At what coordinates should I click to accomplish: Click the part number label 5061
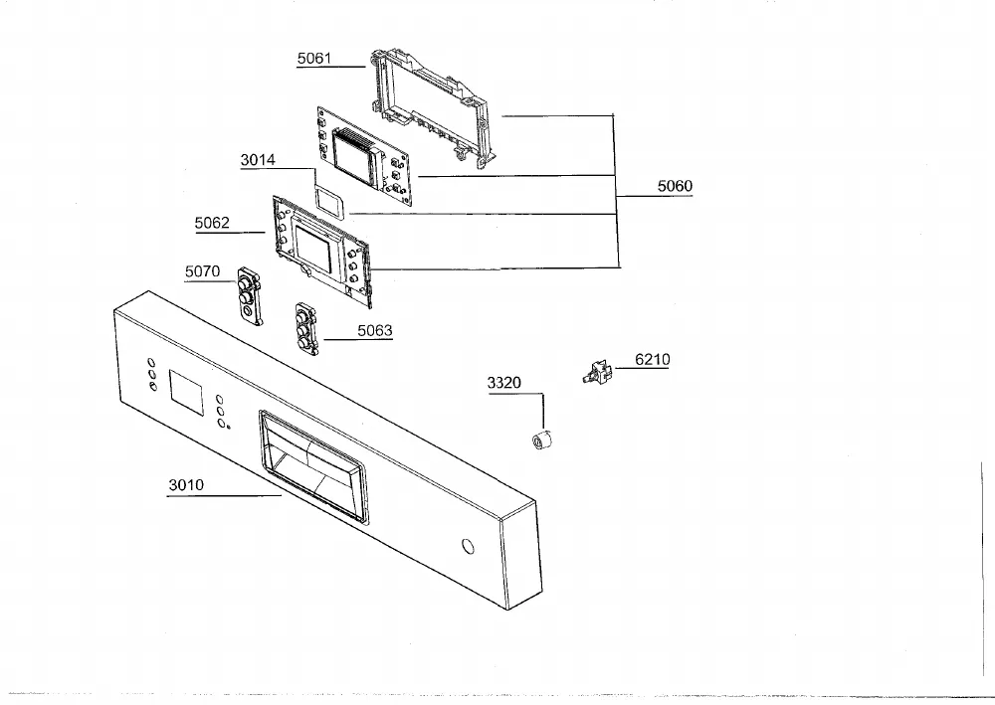tap(314, 59)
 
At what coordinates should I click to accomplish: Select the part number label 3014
tap(258, 160)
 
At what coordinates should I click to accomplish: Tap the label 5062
tap(212, 223)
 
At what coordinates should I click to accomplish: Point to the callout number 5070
tap(202, 272)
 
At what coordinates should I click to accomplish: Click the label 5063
tap(375, 330)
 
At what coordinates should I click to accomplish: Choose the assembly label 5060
tap(675, 186)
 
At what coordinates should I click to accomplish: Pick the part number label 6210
tap(653, 360)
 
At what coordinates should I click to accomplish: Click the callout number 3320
tap(504, 383)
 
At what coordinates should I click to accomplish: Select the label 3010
tap(186, 485)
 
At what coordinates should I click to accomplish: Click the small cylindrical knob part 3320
tap(541, 439)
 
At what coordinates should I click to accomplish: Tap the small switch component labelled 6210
tap(597, 372)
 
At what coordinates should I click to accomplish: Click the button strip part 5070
tap(250, 295)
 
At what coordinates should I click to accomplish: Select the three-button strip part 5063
tap(305, 329)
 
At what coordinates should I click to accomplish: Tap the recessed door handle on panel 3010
tap(313, 466)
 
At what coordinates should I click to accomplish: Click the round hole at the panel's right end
tap(469, 546)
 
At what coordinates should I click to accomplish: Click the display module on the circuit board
tap(358, 157)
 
